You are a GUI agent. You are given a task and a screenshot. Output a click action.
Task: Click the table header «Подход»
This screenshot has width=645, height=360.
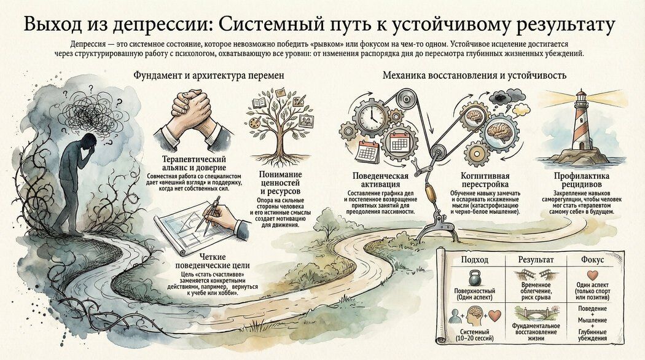tap(473, 260)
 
